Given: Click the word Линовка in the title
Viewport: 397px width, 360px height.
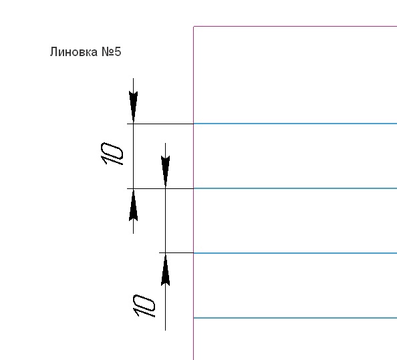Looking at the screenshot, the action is (x=74, y=52).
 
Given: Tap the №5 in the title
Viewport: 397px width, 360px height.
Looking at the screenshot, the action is (x=112, y=52).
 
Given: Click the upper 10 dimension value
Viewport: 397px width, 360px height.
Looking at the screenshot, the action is (x=112, y=154).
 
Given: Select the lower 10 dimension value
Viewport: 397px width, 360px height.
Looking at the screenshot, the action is (x=144, y=306).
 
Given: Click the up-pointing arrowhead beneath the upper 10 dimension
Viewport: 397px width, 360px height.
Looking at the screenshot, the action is (x=134, y=205).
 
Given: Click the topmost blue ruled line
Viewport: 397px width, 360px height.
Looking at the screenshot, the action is (x=295, y=124).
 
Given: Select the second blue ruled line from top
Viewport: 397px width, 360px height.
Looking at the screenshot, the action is (x=295, y=188).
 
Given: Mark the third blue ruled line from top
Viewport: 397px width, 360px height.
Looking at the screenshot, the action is (x=295, y=253).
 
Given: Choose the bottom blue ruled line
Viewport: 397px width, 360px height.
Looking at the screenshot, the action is (x=295, y=318).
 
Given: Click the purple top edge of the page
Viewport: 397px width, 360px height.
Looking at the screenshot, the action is (x=295, y=26).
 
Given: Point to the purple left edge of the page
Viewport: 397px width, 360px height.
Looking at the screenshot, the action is (x=194, y=193).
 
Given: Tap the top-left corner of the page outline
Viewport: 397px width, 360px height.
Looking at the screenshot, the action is (x=194, y=26).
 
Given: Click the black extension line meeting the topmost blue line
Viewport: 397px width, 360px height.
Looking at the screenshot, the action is (x=160, y=124).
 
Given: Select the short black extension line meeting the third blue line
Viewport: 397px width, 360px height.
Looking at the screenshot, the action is (x=176, y=252).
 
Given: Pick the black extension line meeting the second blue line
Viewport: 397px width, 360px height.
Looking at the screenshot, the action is (x=160, y=188).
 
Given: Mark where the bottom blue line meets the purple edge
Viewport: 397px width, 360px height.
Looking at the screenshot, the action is (x=194, y=318).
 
